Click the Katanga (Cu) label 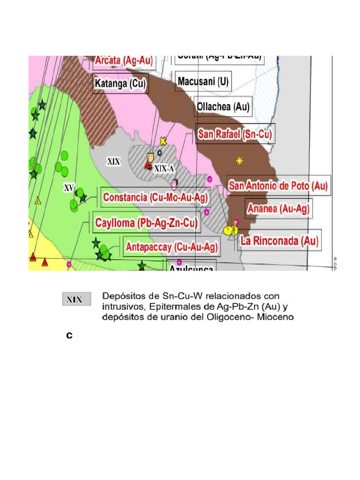[120, 84]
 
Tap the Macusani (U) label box [203, 82]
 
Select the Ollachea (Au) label [223, 106]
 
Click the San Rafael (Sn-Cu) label [235, 135]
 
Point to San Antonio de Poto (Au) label [278, 186]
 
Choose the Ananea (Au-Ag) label [278, 209]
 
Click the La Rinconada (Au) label [279, 241]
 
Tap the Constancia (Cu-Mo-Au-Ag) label [155, 198]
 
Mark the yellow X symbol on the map [163, 141]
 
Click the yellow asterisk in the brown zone [240, 161]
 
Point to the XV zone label [69, 188]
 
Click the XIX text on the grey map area [114, 162]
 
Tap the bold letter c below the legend [69, 336]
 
